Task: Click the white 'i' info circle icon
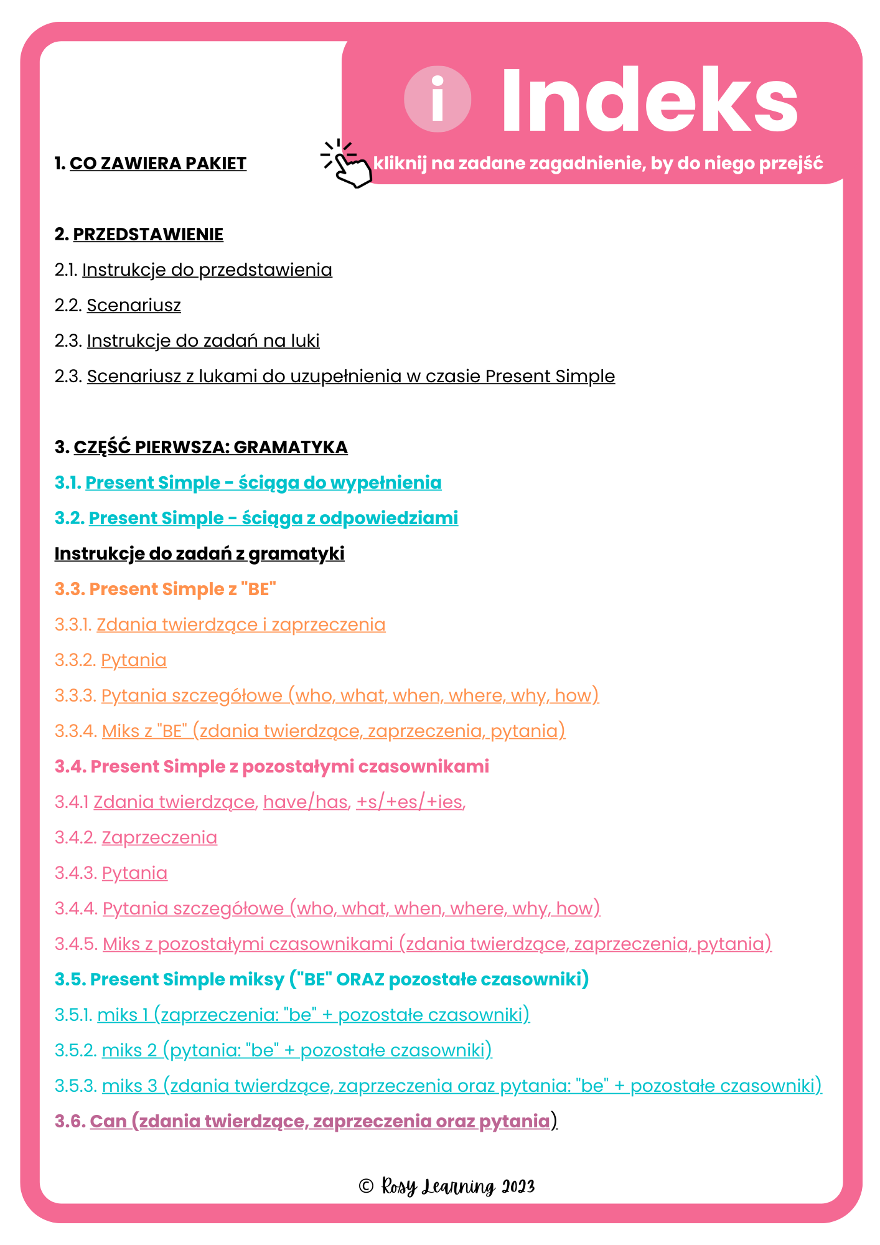pyautogui.click(x=438, y=100)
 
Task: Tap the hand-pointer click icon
pyautogui.click(x=347, y=164)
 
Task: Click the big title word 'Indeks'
pyautogui.click(x=649, y=101)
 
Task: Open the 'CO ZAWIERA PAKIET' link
pyautogui.click(x=158, y=164)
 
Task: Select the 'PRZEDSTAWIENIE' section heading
pyautogui.click(x=148, y=235)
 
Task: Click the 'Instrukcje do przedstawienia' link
pyautogui.click(x=207, y=270)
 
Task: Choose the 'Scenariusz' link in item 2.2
pyautogui.click(x=134, y=306)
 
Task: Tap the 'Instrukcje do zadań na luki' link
pyautogui.click(x=203, y=341)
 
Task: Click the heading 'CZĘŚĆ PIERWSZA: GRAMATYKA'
pyautogui.click(x=210, y=448)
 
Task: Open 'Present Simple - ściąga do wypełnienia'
pyautogui.click(x=263, y=483)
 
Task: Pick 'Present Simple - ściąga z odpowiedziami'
pyautogui.click(x=273, y=519)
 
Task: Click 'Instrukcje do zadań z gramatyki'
pyautogui.click(x=199, y=554)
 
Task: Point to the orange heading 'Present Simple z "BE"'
pyautogui.click(x=166, y=590)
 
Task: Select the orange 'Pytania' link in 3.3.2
pyautogui.click(x=134, y=660)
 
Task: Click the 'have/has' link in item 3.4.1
pyautogui.click(x=306, y=802)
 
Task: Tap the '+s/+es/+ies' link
pyautogui.click(x=410, y=802)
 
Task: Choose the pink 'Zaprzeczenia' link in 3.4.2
pyautogui.click(x=159, y=838)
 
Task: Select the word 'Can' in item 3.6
pyautogui.click(x=108, y=1122)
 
